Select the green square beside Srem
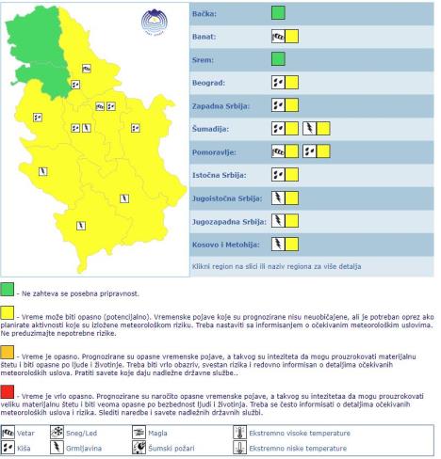coord(278,60)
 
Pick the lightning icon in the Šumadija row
coord(309,128)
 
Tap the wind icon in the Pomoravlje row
coord(278,151)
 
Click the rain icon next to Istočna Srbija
coord(278,174)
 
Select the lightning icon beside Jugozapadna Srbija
coord(278,220)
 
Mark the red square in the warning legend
coord(8,390)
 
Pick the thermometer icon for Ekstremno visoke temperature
coord(238,434)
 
